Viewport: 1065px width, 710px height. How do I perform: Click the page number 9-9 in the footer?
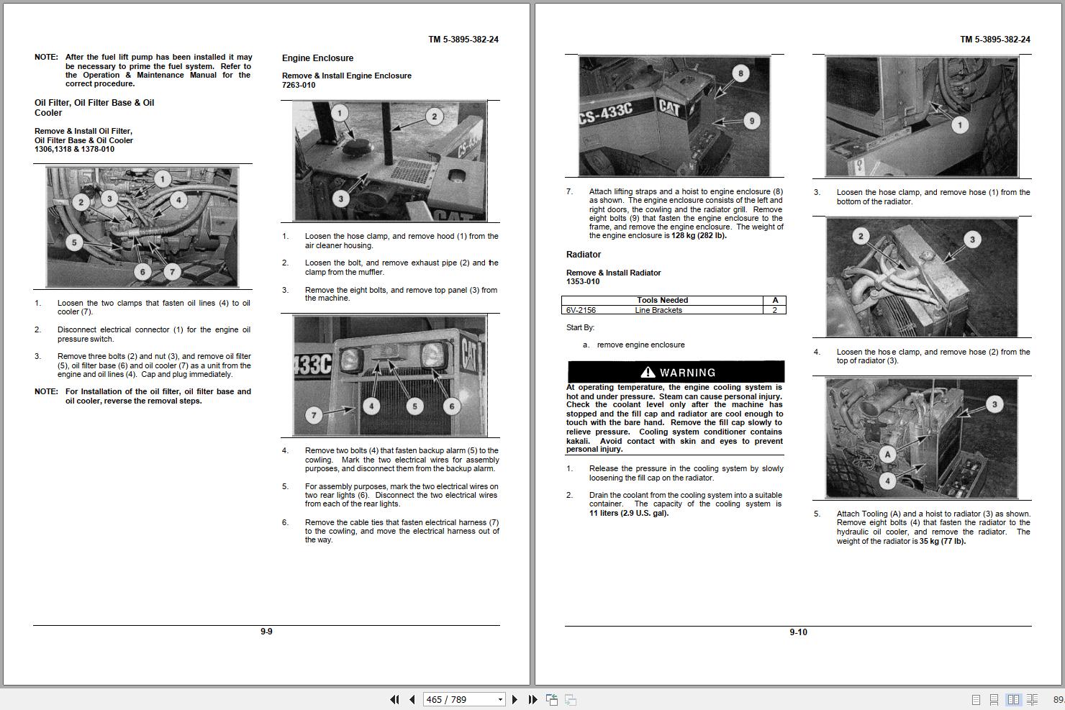click(266, 632)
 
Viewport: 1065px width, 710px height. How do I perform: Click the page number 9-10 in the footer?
click(798, 632)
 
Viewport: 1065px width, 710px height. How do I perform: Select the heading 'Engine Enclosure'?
click(317, 58)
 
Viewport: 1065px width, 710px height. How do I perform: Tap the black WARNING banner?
click(676, 372)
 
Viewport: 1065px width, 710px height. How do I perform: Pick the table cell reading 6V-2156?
click(581, 310)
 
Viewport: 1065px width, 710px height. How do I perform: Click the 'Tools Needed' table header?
click(662, 300)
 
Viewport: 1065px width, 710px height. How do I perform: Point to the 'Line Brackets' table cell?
click(658, 310)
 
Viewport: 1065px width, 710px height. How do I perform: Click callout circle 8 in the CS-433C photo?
click(740, 73)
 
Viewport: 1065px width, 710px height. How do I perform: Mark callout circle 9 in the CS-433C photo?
click(751, 121)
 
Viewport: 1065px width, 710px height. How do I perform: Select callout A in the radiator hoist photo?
click(887, 454)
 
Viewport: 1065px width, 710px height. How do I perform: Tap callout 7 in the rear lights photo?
click(313, 414)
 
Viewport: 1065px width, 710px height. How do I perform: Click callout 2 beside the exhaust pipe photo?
click(434, 117)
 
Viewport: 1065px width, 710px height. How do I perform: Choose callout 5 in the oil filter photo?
click(73, 242)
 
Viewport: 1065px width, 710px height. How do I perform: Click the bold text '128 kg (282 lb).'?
click(699, 236)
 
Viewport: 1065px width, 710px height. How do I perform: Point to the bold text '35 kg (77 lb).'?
click(943, 541)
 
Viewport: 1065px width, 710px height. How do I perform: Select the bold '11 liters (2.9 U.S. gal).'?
click(629, 513)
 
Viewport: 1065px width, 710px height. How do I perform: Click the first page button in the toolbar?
click(394, 699)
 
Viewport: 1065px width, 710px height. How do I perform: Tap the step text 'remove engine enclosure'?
click(640, 345)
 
